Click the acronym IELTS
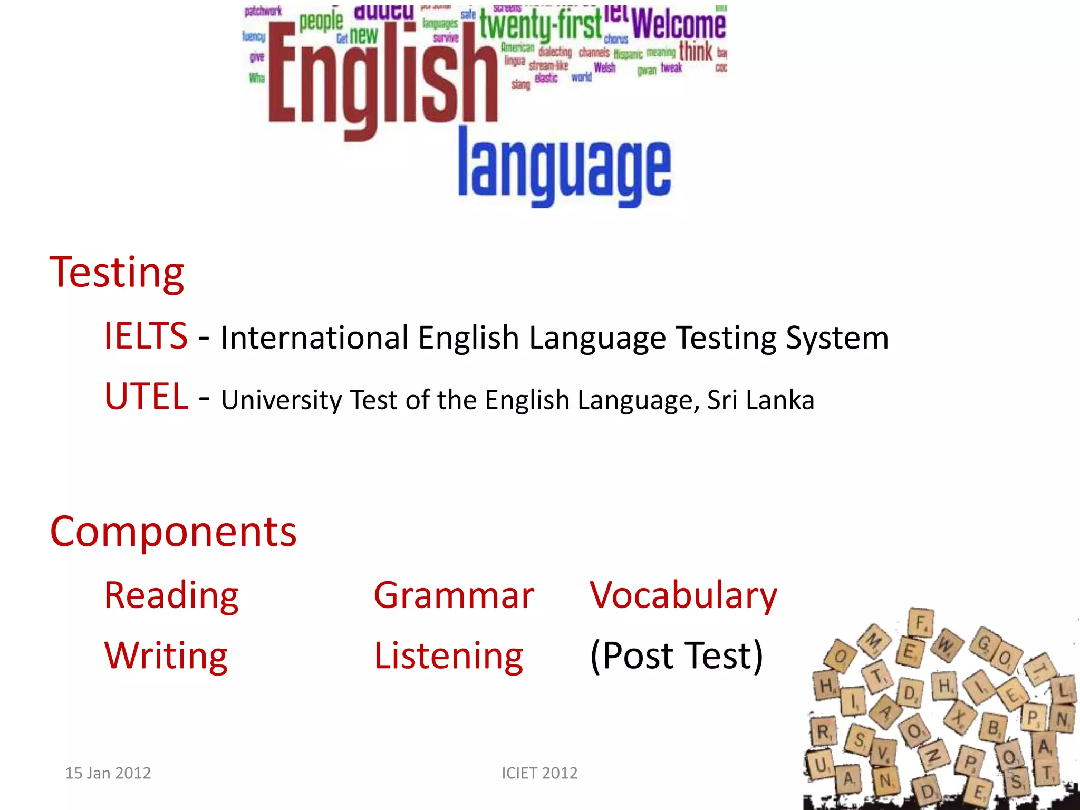pyautogui.click(x=146, y=336)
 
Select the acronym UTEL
pyautogui.click(x=146, y=397)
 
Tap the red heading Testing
pyautogui.click(x=117, y=273)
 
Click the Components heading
pyautogui.click(x=173, y=532)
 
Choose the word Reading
pyautogui.click(x=171, y=595)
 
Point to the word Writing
pyautogui.click(x=166, y=655)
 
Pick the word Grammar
pyautogui.click(x=454, y=595)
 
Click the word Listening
pyautogui.click(x=448, y=655)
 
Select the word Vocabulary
pyautogui.click(x=683, y=595)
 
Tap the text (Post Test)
pyautogui.click(x=677, y=655)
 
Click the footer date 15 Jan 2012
pyautogui.click(x=108, y=773)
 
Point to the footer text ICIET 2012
pyautogui.click(x=539, y=773)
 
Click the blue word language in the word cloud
pyautogui.click(x=564, y=168)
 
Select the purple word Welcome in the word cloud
pyautogui.click(x=679, y=24)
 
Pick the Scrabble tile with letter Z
pyautogui.click(x=933, y=756)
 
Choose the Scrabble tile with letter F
pyautogui.click(x=921, y=623)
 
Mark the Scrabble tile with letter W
pyautogui.click(x=946, y=645)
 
